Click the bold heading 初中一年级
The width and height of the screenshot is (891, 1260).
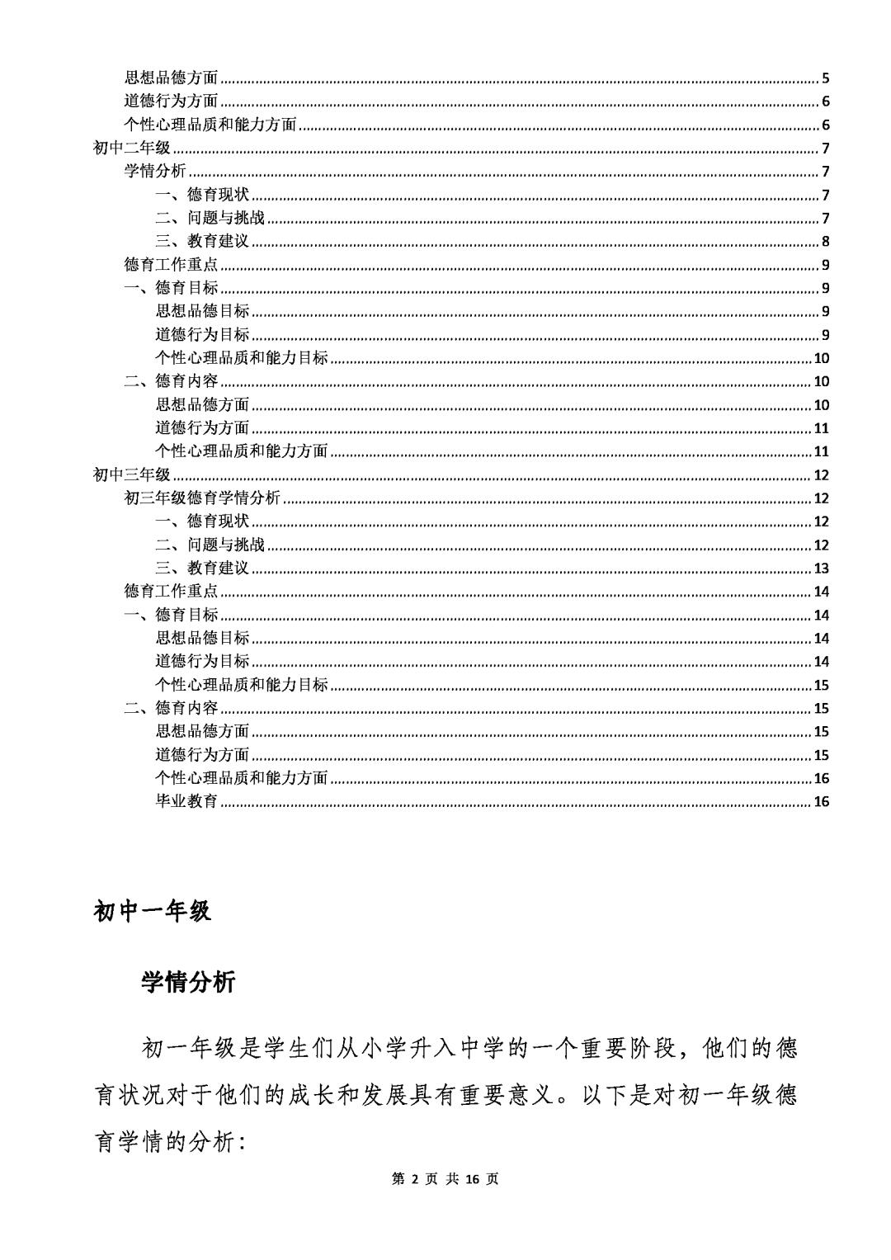(153, 911)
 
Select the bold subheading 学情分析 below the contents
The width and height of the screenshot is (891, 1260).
(188, 982)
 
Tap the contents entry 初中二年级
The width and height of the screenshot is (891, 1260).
(132, 149)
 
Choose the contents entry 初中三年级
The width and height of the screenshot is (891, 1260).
(132, 474)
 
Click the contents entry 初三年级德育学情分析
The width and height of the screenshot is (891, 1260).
(202, 498)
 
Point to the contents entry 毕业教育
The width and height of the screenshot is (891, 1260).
(186, 801)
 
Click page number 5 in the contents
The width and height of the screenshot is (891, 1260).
(825, 79)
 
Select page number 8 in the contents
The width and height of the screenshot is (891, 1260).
(825, 242)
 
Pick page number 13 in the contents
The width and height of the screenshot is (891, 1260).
(821, 569)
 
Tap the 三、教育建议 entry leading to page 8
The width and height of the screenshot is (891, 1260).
(202, 242)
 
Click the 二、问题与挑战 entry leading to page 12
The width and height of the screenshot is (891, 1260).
(210, 545)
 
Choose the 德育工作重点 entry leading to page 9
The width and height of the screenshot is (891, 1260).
(171, 265)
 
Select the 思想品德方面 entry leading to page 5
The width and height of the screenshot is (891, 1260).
(171, 78)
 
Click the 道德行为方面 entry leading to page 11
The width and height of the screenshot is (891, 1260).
(202, 427)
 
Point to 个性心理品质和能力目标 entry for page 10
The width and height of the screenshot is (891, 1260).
(242, 358)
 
